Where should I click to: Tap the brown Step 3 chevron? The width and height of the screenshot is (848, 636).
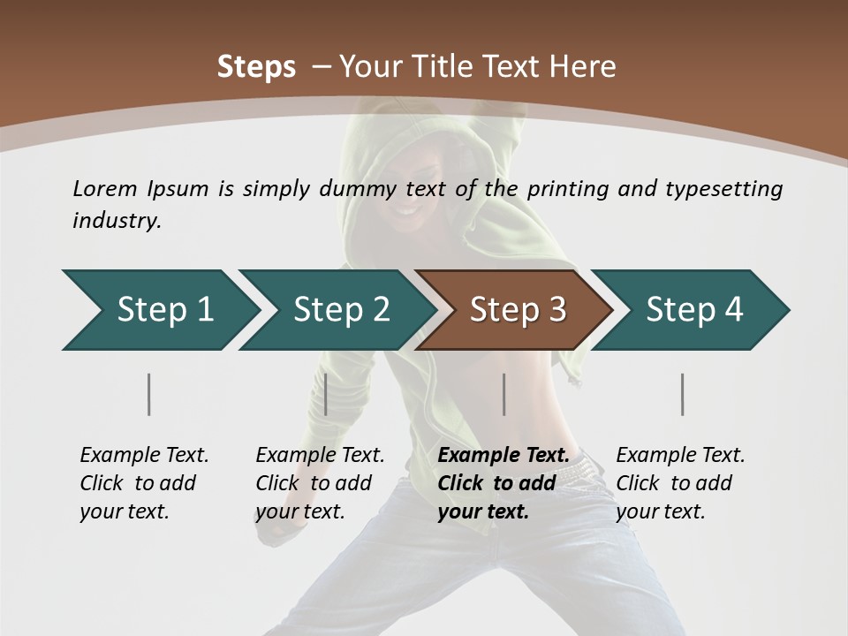[518, 310]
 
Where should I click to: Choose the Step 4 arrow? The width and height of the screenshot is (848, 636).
[694, 310]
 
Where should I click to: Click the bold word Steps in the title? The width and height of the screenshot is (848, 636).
[256, 67]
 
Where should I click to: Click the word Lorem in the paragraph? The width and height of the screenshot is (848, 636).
[105, 188]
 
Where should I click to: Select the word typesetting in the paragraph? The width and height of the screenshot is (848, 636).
[723, 188]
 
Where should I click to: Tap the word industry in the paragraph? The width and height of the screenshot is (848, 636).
[117, 221]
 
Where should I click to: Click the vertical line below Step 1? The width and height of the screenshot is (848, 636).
[149, 394]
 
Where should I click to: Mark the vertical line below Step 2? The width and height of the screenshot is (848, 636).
[326, 394]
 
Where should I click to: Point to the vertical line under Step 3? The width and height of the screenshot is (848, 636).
[504, 394]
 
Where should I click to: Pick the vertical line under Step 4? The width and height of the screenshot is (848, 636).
[683, 394]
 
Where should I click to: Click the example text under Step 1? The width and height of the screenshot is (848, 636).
[144, 483]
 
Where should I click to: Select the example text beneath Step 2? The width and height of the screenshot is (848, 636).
[320, 483]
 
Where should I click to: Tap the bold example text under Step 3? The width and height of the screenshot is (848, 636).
[503, 483]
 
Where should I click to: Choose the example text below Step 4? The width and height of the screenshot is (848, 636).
[680, 483]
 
